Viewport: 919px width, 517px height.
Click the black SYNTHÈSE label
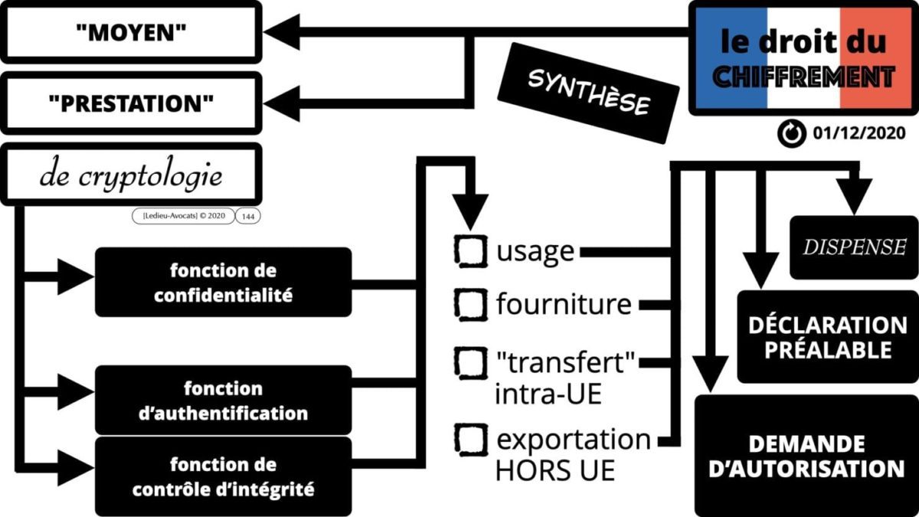[588, 92]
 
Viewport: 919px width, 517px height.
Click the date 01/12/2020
[859, 133]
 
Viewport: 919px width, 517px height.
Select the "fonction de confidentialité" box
[223, 282]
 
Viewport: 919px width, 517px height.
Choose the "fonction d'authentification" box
[223, 401]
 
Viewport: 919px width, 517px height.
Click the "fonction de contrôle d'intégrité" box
[223, 476]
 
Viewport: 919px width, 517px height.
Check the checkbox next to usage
[471, 250]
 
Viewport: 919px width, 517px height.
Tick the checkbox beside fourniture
[471, 304]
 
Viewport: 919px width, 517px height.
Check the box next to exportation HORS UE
[471, 439]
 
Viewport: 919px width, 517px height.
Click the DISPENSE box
[853, 247]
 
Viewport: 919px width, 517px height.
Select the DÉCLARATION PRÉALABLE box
[827, 337]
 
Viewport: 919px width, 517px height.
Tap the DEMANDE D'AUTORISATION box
[806, 456]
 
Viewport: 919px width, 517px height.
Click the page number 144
[248, 217]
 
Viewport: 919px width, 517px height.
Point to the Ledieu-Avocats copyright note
[184, 217]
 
